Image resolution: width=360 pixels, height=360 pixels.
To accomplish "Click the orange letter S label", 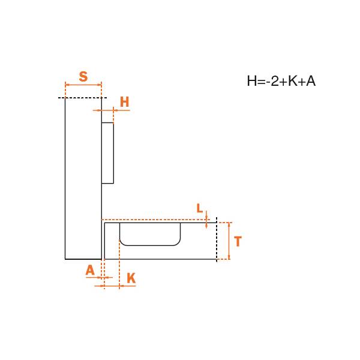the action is (83, 76).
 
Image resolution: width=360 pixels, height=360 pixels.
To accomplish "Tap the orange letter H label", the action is (124, 102).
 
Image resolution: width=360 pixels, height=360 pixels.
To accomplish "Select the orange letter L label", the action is (200, 208).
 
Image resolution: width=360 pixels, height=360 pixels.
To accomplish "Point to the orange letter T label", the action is (238, 241).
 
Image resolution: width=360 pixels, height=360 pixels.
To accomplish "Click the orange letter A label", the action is (90, 270).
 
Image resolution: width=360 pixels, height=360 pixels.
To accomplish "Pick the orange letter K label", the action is (131, 278).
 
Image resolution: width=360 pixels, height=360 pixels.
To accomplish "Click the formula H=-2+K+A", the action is (281, 81).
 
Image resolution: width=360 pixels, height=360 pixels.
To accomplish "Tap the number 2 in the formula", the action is (275, 81).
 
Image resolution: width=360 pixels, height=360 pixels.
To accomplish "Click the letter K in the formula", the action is (293, 81).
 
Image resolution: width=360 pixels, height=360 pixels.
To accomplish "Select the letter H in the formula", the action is (251, 81).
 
